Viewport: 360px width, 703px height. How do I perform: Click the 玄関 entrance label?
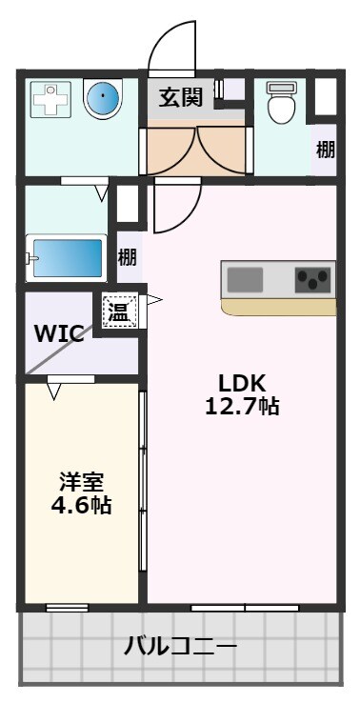tap(181, 96)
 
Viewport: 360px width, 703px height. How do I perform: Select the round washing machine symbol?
tap(102, 98)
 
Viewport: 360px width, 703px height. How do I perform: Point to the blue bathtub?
tap(66, 256)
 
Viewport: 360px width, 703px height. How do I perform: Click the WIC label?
tap(59, 333)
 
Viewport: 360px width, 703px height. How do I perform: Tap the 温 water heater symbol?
tap(121, 310)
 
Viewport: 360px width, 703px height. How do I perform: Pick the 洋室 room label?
tap(80, 482)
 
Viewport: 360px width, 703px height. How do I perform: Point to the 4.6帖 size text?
tap(80, 506)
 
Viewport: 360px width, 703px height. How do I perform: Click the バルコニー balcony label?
tap(180, 648)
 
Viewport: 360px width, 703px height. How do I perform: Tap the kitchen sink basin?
tap(246, 280)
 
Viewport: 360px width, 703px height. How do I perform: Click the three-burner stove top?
tap(313, 280)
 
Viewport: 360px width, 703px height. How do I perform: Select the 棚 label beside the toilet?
tap(326, 150)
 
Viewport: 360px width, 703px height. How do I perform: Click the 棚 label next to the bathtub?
tap(127, 257)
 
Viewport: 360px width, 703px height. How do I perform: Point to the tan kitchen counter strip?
tap(279, 308)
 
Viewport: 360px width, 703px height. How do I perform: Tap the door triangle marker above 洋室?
tap(54, 389)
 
